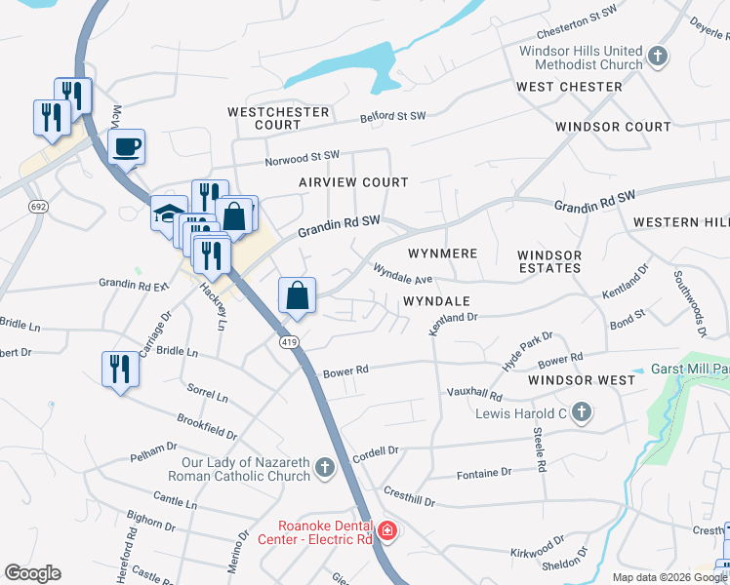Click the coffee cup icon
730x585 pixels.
coord(126,148)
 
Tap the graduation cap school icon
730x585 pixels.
coord(169,213)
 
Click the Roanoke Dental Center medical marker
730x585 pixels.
coord(387,531)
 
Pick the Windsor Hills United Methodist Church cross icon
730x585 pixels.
coord(658,57)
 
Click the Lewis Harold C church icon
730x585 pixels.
coord(582,413)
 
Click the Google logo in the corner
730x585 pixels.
coord(32,573)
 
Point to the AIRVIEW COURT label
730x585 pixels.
coord(353,182)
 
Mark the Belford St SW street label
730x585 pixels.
coord(393,116)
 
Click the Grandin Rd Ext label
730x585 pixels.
coord(134,285)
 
